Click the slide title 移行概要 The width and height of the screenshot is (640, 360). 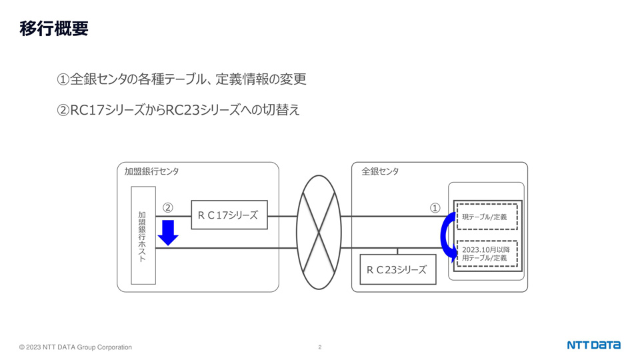click(54, 29)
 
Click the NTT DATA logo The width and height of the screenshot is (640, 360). click(593, 345)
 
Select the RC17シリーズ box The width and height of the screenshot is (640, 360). click(229, 215)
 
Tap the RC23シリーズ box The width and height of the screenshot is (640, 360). click(398, 269)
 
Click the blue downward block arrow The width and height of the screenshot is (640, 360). click(168, 233)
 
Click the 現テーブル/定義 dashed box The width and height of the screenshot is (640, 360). click(487, 217)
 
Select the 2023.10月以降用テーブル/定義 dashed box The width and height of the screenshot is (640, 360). click(487, 253)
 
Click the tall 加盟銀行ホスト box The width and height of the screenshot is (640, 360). click(143, 235)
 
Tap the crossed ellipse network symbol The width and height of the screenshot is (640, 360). click(319, 232)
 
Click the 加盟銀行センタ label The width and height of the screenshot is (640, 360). click(151, 171)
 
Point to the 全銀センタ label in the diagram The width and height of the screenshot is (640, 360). click(380, 171)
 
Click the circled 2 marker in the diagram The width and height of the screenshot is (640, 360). click(168, 208)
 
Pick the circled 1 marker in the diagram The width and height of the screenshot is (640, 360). click(435, 208)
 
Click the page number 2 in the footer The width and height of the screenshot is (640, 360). click(319, 347)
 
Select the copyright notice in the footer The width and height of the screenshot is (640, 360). click(75, 347)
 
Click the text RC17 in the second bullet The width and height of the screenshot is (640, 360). click(87, 110)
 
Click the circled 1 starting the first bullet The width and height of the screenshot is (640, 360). click(63, 79)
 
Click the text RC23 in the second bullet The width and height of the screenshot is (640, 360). click(182, 110)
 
